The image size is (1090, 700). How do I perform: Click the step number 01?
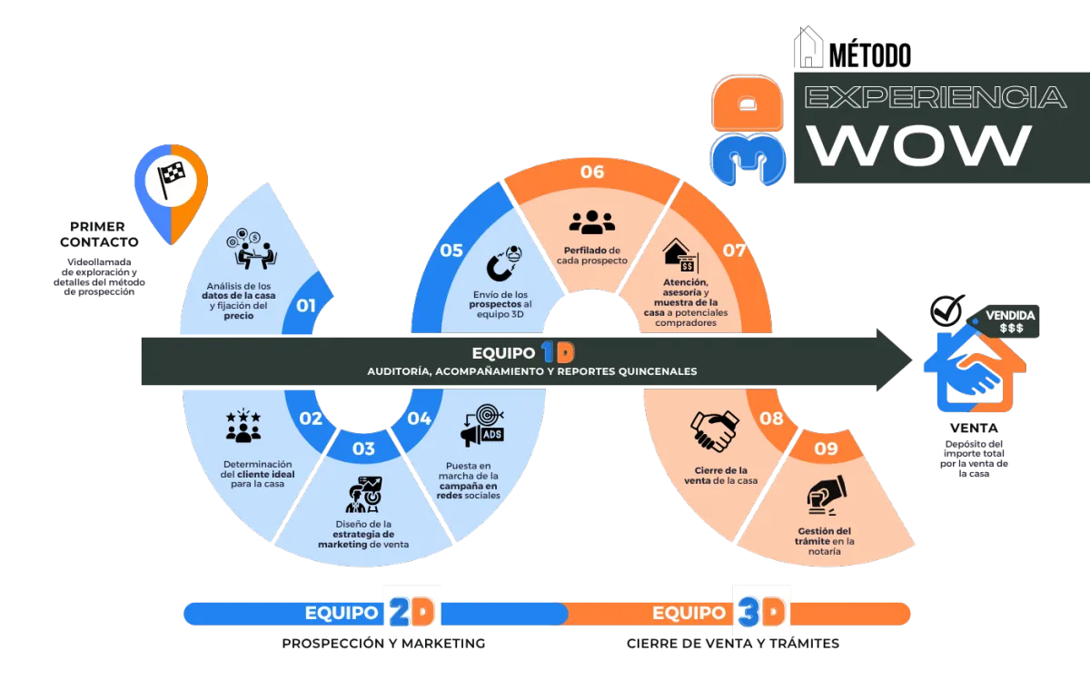pyautogui.click(x=306, y=306)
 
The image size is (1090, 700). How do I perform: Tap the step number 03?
pyautogui.click(x=363, y=449)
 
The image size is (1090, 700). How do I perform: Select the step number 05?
pyautogui.click(x=451, y=251)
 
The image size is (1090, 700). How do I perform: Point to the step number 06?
pyautogui.click(x=591, y=173)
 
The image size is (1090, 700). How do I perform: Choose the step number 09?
pyautogui.click(x=826, y=449)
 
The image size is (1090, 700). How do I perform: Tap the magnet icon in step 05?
pyautogui.click(x=503, y=262)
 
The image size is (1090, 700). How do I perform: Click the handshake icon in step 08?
pyautogui.click(x=714, y=431)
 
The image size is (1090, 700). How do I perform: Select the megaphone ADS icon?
pyautogui.click(x=482, y=426)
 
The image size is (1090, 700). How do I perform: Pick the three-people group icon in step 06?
pyautogui.click(x=592, y=222)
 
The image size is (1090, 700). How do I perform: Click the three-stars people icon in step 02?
pyautogui.click(x=243, y=426)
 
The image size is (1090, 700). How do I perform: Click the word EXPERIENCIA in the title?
pyautogui.click(x=936, y=97)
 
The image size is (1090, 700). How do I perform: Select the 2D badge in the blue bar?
pyautogui.click(x=414, y=613)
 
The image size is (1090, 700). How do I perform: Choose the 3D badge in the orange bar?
pyautogui.click(x=760, y=613)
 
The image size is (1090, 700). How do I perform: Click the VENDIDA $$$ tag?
pyautogui.click(x=1010, y=321)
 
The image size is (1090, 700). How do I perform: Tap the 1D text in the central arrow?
pyautogui.click(x=558, y=352)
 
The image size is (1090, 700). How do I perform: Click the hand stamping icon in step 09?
pyautogui.click(x=826, y=495)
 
